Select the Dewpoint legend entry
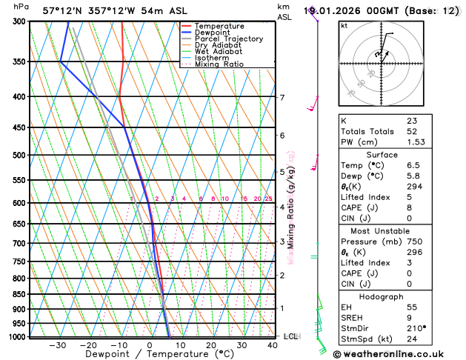point(213,33)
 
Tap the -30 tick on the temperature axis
point(58,345)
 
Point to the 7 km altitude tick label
point(282,97)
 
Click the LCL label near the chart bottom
point(290,336)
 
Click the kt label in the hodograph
point(344,25)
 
